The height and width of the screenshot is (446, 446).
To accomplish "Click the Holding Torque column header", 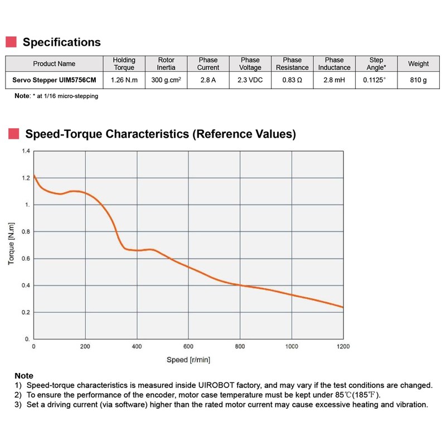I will coord(124,64).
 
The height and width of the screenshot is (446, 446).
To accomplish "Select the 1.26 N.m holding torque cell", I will coord(124,80).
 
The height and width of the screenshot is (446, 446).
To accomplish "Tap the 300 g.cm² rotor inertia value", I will coord(166,80).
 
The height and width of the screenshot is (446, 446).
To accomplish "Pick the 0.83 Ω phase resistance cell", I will coord(292,80).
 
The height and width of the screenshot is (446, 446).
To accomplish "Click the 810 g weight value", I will coord(418,80).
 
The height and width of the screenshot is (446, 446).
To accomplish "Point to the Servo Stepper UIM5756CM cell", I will coord(54,80).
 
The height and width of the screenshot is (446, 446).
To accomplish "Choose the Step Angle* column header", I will coord(377,64).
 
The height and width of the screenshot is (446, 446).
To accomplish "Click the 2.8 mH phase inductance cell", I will coord(334,80).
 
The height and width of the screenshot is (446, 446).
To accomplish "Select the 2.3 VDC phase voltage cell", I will coord(250,80).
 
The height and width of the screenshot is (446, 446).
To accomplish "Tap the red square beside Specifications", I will coord(11,42).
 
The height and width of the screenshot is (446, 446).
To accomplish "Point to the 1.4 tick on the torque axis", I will coord(26,151).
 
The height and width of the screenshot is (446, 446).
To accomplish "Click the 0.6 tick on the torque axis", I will coord(26,259).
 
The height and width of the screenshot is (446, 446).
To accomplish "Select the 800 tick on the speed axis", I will coord(240,346).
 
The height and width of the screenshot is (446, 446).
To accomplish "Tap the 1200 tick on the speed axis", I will coord(343,346).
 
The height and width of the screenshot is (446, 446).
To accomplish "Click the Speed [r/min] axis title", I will coord(188,360).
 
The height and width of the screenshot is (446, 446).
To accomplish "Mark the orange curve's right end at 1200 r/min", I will coord(343,307).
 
